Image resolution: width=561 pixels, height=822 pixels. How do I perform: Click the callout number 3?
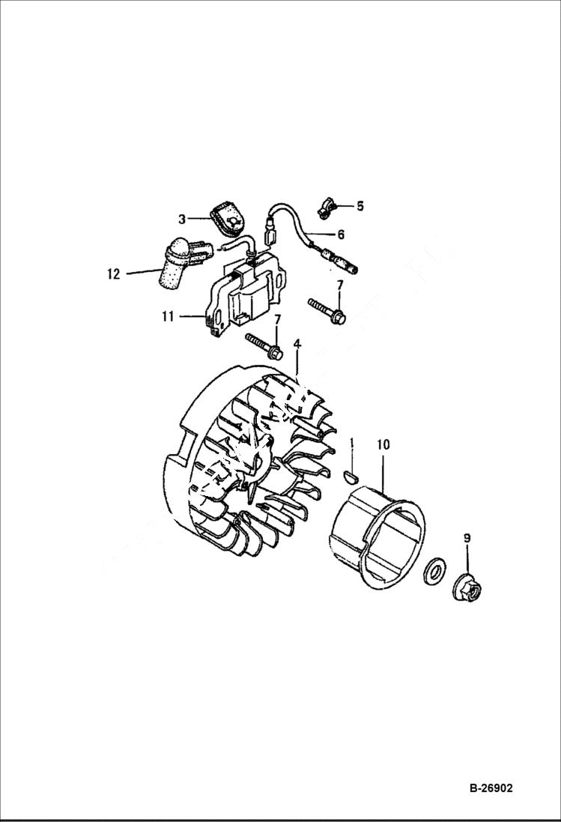182,219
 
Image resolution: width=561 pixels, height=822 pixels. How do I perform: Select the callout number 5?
360,205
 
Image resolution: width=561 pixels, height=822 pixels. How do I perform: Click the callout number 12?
113,274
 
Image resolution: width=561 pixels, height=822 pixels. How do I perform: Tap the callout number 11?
167,317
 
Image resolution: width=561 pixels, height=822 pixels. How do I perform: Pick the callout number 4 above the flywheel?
297,344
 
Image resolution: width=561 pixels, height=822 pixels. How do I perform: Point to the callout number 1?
351,445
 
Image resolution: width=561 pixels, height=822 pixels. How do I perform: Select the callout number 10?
383,445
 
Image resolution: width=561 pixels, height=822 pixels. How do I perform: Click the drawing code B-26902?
492,789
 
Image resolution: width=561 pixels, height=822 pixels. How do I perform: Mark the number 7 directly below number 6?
339,285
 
